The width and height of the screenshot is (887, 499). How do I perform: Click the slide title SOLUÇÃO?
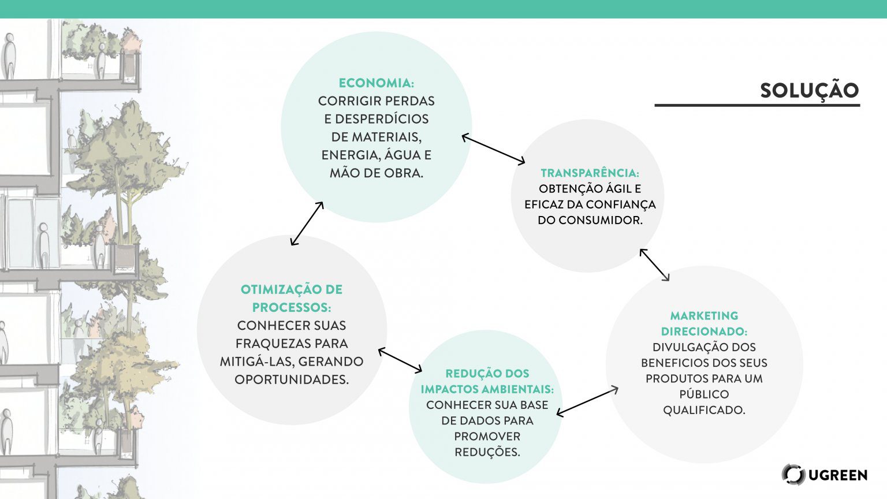pos(809,91)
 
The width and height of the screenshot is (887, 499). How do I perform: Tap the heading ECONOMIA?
pos(376,83)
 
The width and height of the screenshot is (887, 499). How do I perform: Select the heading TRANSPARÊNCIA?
pos(590,173)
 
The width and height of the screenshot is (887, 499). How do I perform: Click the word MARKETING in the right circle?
pos(704,316)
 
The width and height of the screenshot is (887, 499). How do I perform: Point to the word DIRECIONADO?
pos(704,332)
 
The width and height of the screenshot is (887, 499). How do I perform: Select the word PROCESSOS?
pos(291,307)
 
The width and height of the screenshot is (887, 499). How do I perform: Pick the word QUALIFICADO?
pos(703,410)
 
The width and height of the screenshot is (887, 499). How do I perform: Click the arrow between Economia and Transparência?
pos(493,150)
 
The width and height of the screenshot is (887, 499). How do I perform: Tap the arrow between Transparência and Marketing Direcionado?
pos(654,265)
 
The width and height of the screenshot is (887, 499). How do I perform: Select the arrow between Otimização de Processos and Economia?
pos(307,224)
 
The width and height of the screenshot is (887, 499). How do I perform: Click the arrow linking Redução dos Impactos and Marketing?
pos(587,401)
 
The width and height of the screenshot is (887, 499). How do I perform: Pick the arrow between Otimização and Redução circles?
pos(400,360)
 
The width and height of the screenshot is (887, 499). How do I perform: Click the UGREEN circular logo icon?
pos(793,474)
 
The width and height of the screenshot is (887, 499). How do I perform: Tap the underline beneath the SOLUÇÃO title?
pos(757,106)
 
